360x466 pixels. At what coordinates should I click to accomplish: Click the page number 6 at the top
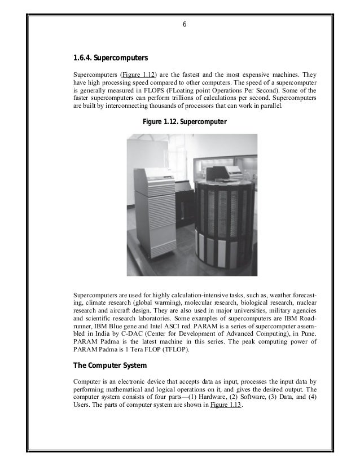click(x=185, y=25)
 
